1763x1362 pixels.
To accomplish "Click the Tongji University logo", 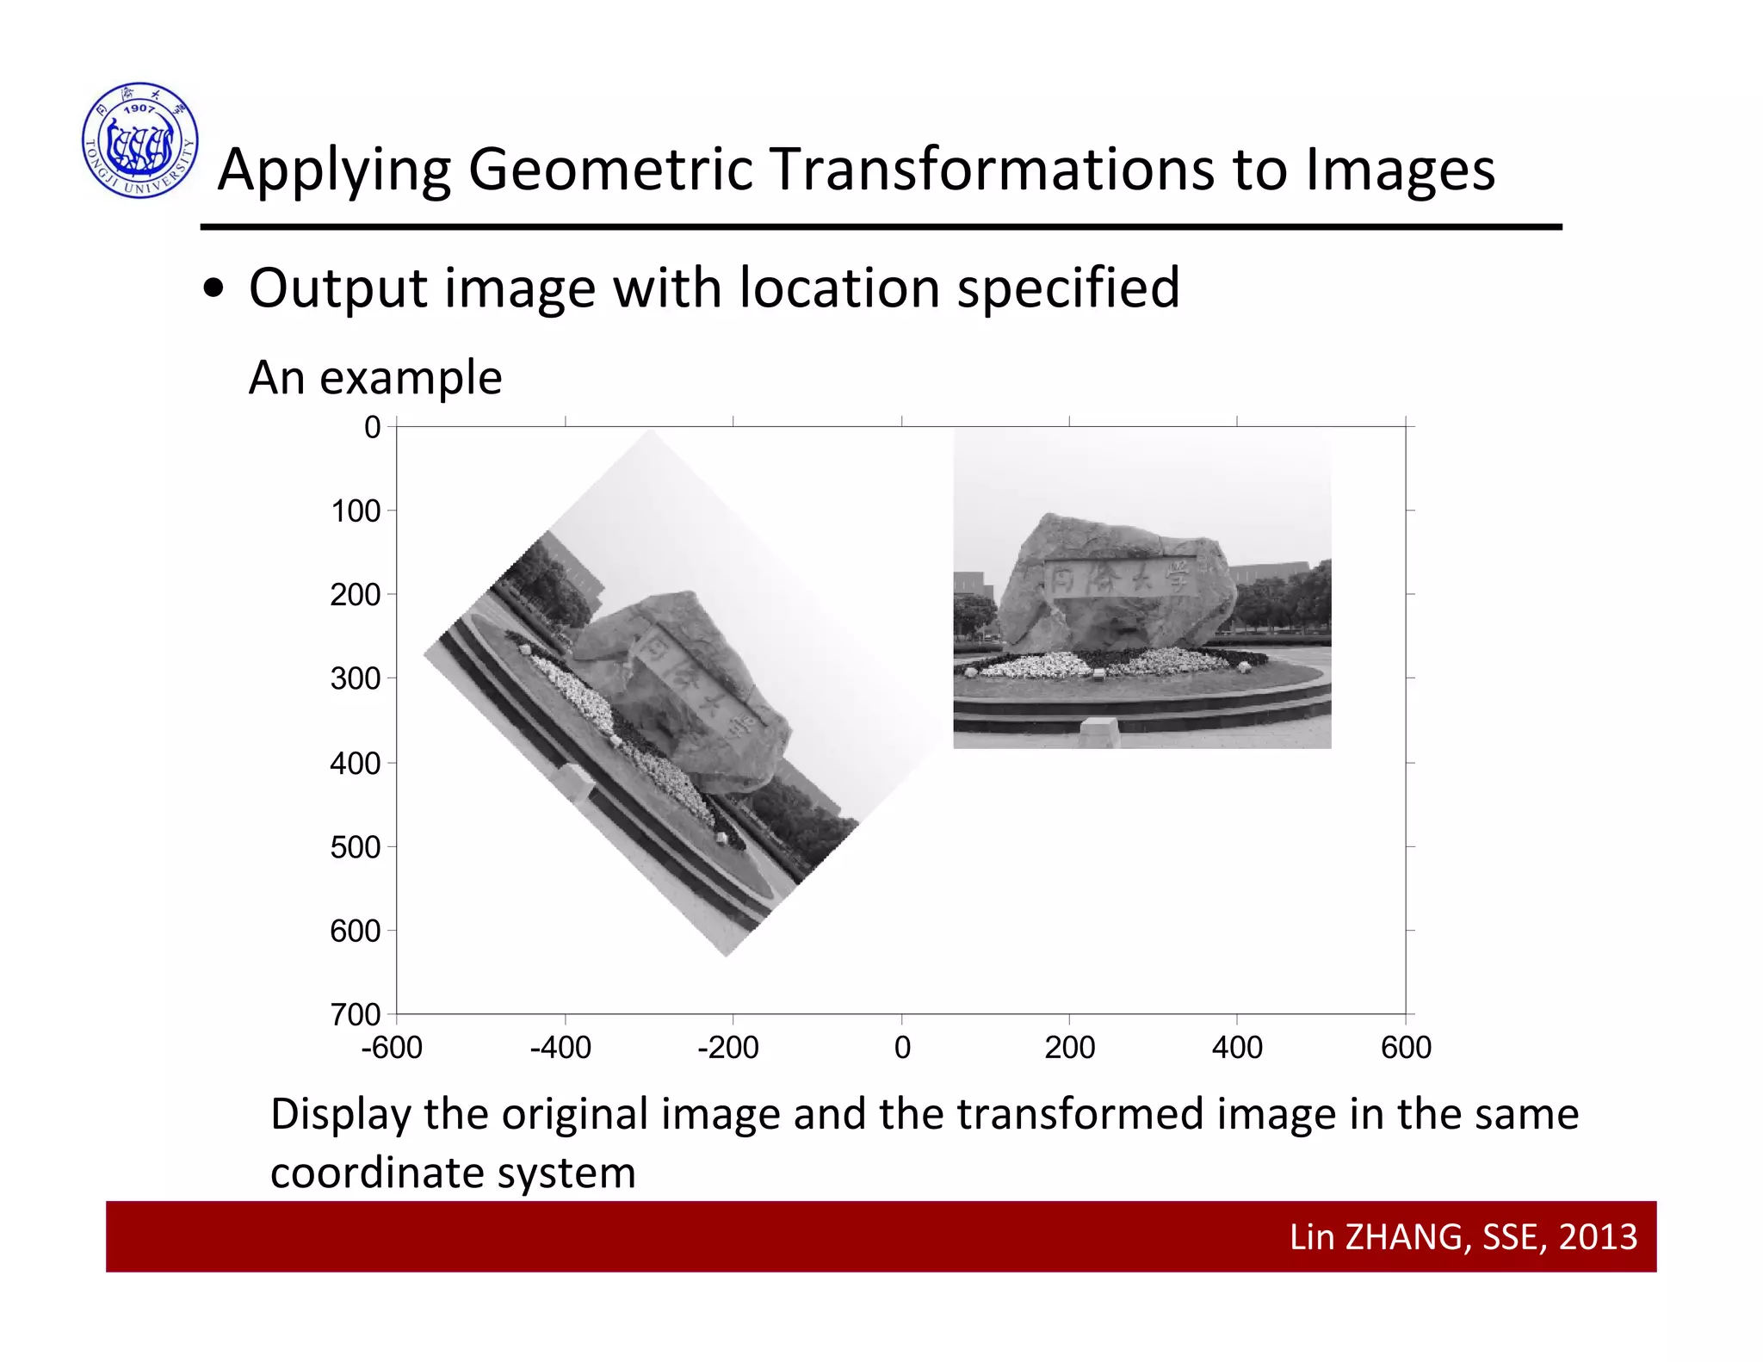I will click(140, 140).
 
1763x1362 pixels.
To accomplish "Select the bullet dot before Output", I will click(213, 289).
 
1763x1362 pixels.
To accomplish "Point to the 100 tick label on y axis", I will click(356, 511).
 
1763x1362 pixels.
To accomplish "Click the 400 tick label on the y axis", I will click(355, 763).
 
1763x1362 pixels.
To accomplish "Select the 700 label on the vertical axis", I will click(355, 1014).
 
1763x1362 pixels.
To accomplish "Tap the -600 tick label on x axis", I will click(392, 1048).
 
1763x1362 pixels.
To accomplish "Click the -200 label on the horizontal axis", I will click(728, 1048).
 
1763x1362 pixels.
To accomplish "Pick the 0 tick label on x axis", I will click(902, 1048).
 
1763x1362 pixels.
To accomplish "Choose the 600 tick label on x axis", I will click(1406, 1048).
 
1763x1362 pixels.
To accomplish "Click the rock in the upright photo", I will click(1119, 585).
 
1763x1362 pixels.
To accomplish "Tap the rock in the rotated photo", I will click(689, 689).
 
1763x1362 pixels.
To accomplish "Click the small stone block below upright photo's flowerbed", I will click(1100, 732).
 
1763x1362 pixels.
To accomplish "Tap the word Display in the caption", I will click(341, 1114).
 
